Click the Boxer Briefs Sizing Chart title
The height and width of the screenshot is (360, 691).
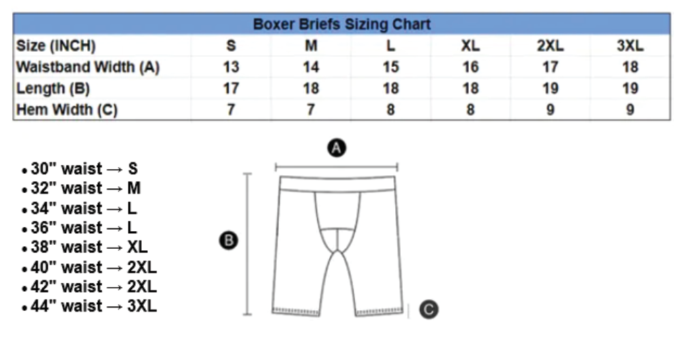point(341,24)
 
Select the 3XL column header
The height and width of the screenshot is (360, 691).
point(630,46)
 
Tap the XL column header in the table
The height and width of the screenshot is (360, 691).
point(470,46)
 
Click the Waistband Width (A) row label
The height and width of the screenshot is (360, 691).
point(88,67)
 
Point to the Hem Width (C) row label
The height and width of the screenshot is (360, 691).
point(67,109)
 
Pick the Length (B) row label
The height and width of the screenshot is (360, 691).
point(53,88)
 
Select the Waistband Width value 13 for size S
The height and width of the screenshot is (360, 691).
point(231,67)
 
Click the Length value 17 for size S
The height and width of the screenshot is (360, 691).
point(231,88)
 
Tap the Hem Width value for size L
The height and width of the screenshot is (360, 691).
point(390,109)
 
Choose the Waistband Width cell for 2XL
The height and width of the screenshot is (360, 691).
point(550,67)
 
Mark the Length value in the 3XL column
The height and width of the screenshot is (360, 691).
point(630,88)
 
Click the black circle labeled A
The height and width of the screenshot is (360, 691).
point(337,148)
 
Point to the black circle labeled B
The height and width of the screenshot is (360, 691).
point(228,241)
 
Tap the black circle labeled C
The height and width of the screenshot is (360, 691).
point(429,310)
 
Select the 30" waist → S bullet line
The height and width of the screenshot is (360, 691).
point(80,168)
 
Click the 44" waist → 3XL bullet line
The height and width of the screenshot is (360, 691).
point(89,305)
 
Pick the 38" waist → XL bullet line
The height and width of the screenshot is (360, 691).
point(85,247)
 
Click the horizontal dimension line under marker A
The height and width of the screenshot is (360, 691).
point(336,167)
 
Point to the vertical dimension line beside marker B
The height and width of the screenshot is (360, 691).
point(247,244)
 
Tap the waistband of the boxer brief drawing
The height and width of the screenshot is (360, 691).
point(337,184)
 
